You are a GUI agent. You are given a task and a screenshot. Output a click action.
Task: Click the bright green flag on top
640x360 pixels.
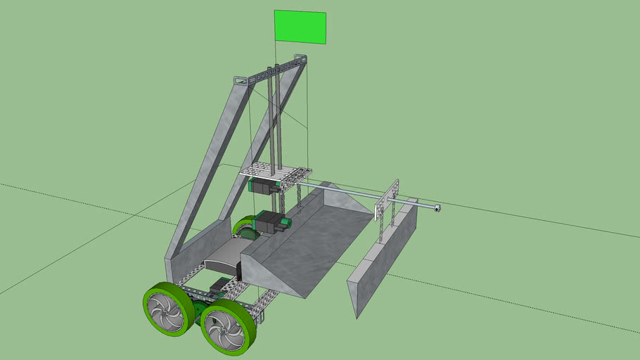(300, 26)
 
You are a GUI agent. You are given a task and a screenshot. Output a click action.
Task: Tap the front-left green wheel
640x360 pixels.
(169, 309)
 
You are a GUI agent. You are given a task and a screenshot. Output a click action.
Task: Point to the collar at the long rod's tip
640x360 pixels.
(436, 208)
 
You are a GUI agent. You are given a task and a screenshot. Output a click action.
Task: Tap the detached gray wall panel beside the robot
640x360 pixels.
(381, 260)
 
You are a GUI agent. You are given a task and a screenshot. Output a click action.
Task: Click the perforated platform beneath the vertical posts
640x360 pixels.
(275, 172)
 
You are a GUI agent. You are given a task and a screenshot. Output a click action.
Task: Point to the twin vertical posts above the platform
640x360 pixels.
(275, 120)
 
